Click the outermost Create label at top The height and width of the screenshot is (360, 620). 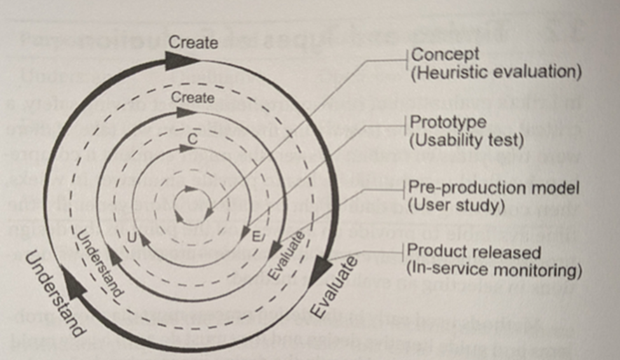[x=193, y=43]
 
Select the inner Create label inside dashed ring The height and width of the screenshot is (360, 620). [x=193, y=99]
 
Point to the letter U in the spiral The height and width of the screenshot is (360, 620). [x=132, y=237]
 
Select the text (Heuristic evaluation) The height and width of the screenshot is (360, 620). [x=496, y=73]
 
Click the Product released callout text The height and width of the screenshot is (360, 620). [x=474, y=253]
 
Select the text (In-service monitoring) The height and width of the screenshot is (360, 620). [x=494, y=270]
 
